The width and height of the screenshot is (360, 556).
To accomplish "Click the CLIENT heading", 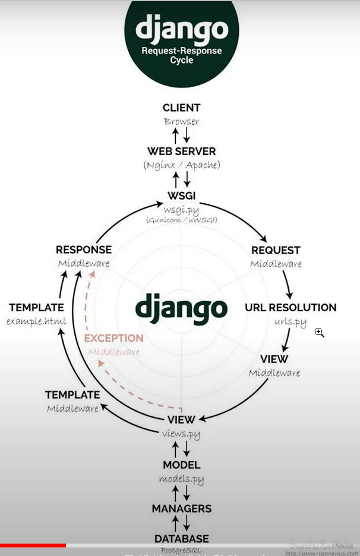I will point(181,108).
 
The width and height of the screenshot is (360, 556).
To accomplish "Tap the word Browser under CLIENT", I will point(181,122).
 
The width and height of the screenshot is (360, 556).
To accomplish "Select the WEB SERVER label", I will point(181,151).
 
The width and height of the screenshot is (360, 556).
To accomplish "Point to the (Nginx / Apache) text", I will point(181,165).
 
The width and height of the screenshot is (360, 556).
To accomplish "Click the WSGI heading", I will point(181,195).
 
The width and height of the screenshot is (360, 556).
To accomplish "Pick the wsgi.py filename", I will point(181,210).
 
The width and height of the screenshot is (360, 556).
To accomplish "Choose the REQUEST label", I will point(276,250).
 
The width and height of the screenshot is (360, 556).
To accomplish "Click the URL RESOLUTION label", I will point(290,308).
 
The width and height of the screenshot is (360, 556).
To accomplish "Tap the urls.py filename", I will point(290,322).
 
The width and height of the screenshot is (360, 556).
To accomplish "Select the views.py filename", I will point(181,434).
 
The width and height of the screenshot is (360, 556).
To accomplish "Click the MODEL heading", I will point(181,465).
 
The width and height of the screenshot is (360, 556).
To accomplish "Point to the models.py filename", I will point(181,479).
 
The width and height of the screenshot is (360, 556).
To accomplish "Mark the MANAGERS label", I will point(181,508).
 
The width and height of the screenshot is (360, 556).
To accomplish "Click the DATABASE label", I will point(181,539).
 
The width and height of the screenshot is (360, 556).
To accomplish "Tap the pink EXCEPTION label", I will point(113,338).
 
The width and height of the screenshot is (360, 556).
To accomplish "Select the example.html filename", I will point(36,321).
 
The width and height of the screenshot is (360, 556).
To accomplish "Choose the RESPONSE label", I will point(84,250).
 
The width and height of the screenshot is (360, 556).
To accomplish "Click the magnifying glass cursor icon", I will point(319,332).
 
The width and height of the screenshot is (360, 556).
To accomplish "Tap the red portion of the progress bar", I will point(33,545).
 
